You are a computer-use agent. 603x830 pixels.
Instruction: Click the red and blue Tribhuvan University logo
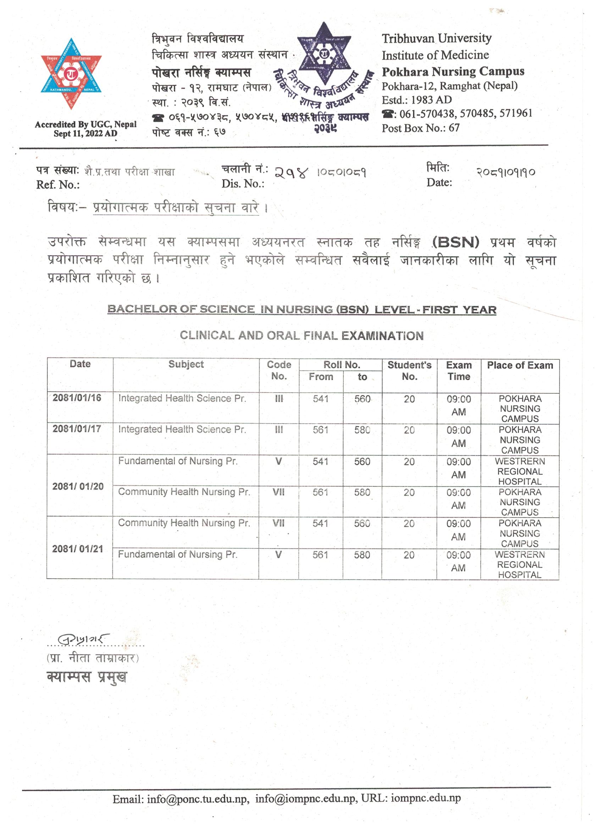[71, 73]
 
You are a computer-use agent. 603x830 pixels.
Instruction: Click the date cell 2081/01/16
[77, 398]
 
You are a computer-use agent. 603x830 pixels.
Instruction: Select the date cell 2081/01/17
[77, 428]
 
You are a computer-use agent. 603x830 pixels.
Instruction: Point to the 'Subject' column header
[186, 364]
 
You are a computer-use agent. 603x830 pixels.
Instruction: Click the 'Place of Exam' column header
[520, 365]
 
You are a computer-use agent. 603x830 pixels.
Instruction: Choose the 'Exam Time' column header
[459, 371]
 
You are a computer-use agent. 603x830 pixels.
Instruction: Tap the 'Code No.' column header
[279, 370]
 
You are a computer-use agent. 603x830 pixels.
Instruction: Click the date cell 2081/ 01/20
[78, 486]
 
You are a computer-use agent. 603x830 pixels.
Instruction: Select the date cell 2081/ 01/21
[78, 549]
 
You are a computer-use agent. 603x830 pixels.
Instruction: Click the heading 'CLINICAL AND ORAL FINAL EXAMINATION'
[302, 335]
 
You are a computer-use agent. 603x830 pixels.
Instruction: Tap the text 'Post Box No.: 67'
[421, 128]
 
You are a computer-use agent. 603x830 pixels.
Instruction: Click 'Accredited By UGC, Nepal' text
[85, 124]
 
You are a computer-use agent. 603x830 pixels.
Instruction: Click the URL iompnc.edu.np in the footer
[426, 798]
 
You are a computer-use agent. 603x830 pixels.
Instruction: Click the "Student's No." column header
[409, 370]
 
